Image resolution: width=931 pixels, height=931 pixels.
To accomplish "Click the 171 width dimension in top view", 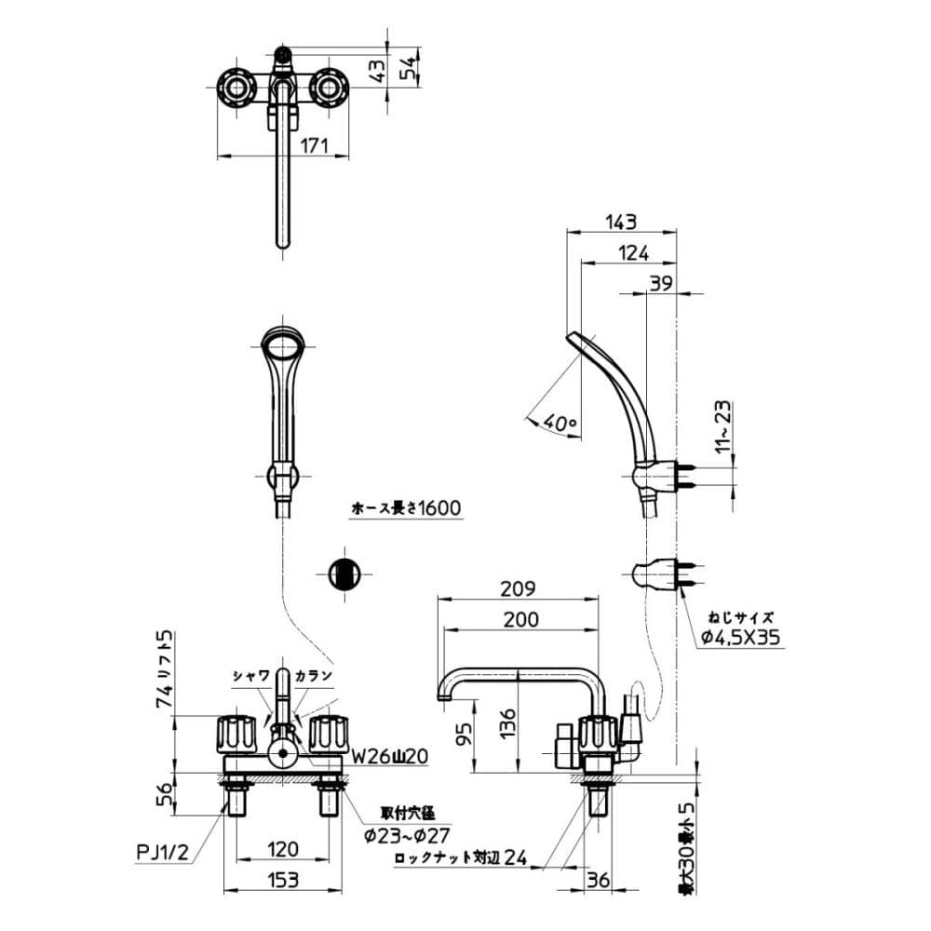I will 316,144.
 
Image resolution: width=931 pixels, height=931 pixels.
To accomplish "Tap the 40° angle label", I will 561,423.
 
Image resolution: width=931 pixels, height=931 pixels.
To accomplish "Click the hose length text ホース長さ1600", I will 406,508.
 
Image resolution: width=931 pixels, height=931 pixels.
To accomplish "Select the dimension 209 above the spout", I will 518,588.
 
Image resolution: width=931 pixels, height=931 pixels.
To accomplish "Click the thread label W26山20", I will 389,757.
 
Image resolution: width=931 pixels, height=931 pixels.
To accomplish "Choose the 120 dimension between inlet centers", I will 282,848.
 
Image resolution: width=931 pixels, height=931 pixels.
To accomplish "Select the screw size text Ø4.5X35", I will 741,638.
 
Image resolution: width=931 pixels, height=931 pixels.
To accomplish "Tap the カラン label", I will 314,675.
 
